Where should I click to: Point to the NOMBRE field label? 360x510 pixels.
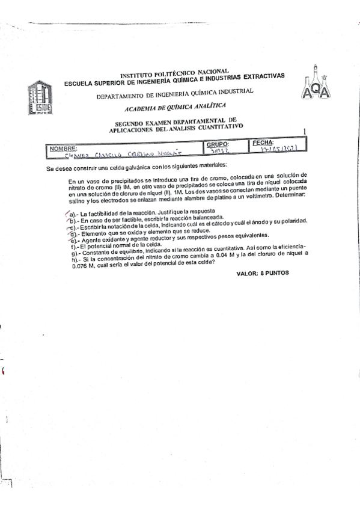coord(64,147)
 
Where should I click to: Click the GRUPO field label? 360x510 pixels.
coord(218,144)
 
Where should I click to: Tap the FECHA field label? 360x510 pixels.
coord(263,143)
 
